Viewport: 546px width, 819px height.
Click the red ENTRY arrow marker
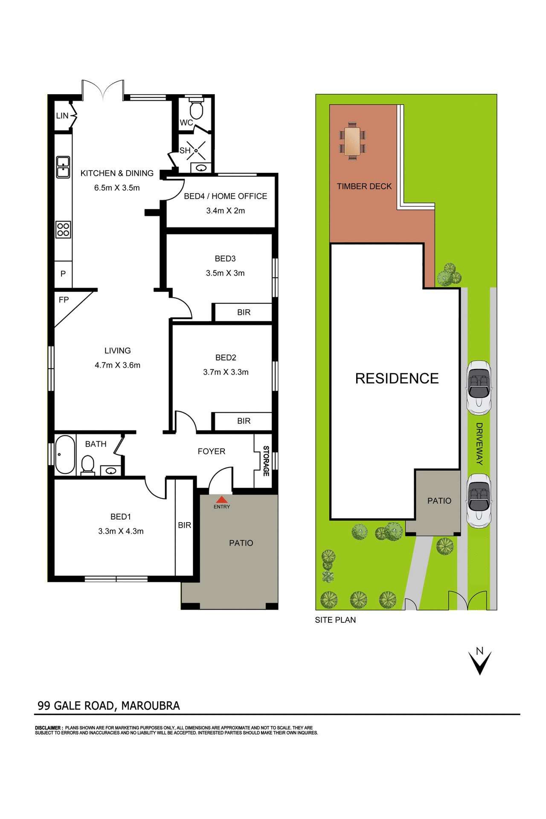pyautogui.click(x=221, y=500)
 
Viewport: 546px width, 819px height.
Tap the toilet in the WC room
pyautogui.click(x=196, y=109)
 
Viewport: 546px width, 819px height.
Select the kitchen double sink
pyautogui.click(x=63, y=167)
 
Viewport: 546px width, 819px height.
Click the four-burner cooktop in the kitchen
pyautogui.click(x=63, y=229)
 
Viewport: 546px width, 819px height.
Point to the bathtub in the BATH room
pyautogui.click(x=65, y=454)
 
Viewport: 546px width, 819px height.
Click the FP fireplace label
pyautogui.click(x=64, y=300)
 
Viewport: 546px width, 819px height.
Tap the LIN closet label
pyautogui.click(x=62, y=116)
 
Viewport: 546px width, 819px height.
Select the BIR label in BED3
pyautogui.click(x=244, y=312)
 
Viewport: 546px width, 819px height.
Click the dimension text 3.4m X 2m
pyautogui.click(x=225, y=211)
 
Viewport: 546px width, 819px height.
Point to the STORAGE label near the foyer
pyautogui.click(x=266, y=461)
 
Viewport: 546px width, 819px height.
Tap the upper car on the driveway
pyautogui.click(x=479, y=387)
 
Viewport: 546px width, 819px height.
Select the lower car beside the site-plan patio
pyautogui.click(x=479, y=501)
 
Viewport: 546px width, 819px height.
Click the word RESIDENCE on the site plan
pyautogui.click(x=397, y=378)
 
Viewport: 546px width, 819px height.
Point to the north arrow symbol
pyautogui.click(x=480, y=662)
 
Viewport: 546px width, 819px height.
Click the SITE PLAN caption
pyautogui.click(x=335, y=620)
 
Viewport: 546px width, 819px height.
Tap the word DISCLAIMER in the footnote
pyautogui.click(x=49, y=728)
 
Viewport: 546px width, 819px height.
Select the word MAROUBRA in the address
pyautogui.click(x=151, y=706)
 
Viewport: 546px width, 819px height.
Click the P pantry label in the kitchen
pyautogui.click(x=63, y=274)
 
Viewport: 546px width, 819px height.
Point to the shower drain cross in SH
pyautogui.click(x=196, y=151)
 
